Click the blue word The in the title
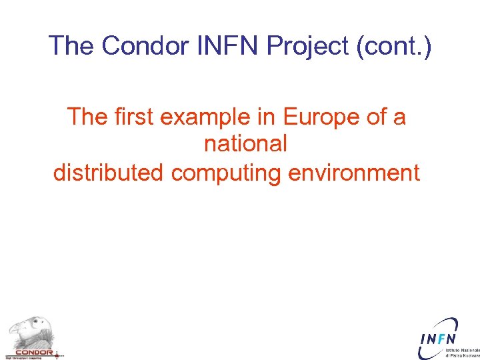tap(71, 45)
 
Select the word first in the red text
tap(133, 117)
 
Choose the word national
tap(245, 144)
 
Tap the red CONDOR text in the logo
tap(33, 352)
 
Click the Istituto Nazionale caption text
tap(463, 350)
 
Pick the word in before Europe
tap(269, 117)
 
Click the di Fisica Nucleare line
tap(463, 356)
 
